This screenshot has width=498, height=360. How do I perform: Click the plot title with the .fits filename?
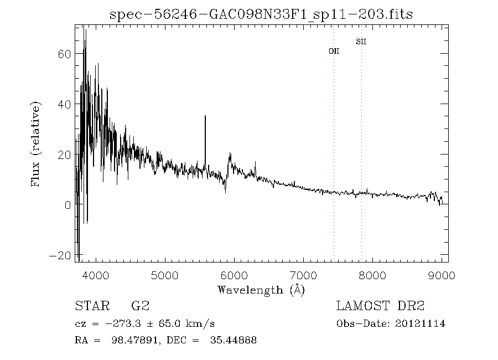[x=262, y=14]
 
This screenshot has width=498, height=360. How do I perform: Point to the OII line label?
[x=334, y=51]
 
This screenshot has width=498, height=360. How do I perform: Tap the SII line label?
[x=361, y=42]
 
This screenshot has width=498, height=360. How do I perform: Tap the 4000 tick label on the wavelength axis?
[x=96, y=275]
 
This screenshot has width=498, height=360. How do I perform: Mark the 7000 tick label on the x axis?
[x=304, y=275]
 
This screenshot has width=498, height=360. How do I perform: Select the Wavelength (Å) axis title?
[x=261, y=290]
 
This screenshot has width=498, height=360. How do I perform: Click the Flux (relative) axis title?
[x=37, y=144]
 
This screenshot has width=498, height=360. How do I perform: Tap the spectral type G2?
[x=139, y=306]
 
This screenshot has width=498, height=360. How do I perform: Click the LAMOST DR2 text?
[x=380, y=306]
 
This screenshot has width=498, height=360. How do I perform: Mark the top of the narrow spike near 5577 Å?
[x=205, y=116]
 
